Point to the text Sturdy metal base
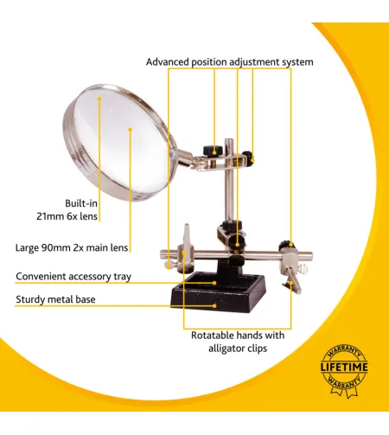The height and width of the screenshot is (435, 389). [55, 300]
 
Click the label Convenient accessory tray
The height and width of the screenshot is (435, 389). [73, 277]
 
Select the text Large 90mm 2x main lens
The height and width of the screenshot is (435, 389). [72, 247]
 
